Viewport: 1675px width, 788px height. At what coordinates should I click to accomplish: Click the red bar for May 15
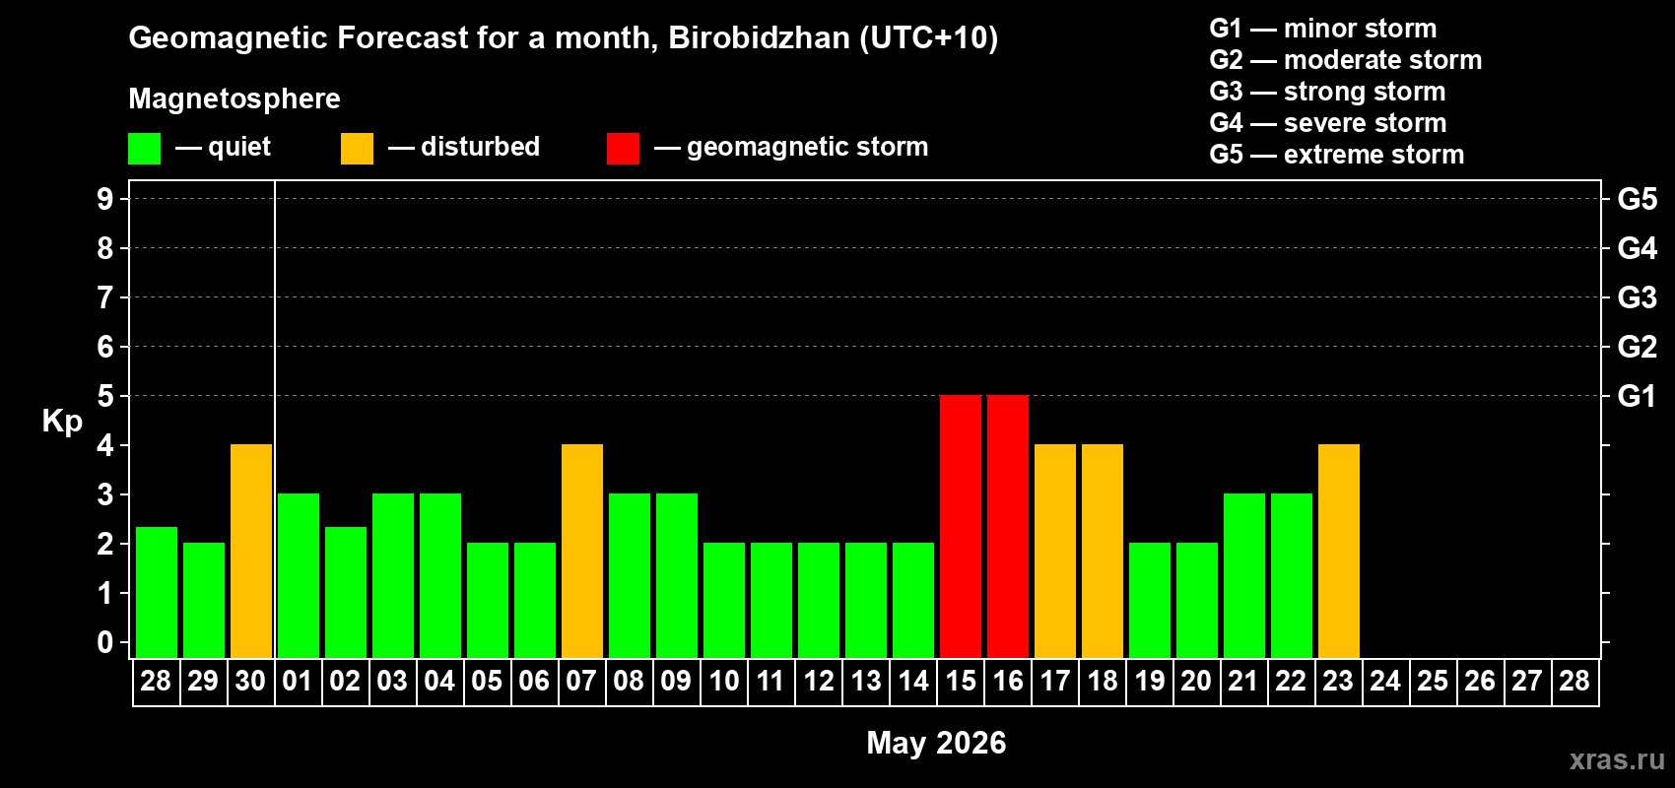click(x=961, y=526)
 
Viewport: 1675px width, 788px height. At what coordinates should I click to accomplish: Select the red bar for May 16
click(x=1008, y=526)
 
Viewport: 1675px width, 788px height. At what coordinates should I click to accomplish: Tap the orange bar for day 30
click(x=251, y=551)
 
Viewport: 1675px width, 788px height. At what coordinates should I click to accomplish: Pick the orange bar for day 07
click(x=582, y=551)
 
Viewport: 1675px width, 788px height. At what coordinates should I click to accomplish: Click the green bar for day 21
click(x=1244, y=575)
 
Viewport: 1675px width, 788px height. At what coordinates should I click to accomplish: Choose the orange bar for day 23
click(x=1339, y=551)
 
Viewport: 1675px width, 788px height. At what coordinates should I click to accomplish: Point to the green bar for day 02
click(x=346, y=592)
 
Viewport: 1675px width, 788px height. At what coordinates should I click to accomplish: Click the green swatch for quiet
click(x=145, y=149)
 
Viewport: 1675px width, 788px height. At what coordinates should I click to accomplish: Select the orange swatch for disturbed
click(x=358, y=149)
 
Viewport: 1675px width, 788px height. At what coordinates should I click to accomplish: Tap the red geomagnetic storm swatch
click(x=623, y=149)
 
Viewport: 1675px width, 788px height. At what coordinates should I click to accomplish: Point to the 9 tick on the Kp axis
click(x=105, y=199)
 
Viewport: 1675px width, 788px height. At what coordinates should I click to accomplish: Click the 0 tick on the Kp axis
click(x=105, y=642)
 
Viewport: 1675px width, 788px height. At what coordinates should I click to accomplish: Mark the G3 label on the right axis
click(x=1637, y=297)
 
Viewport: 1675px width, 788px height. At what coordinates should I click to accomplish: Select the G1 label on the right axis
click(x=1637, y=396)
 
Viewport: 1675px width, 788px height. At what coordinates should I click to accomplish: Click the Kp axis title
click(x=62, y=422)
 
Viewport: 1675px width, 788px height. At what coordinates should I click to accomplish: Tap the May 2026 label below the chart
click(x=936, y=743)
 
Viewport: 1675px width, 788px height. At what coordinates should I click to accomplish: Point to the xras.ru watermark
click(x=1617, y=759)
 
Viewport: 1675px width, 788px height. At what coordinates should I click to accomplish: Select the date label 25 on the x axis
click(x=1433, y=681)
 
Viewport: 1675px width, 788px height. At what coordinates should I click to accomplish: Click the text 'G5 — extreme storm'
click(x=1337, y=155)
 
